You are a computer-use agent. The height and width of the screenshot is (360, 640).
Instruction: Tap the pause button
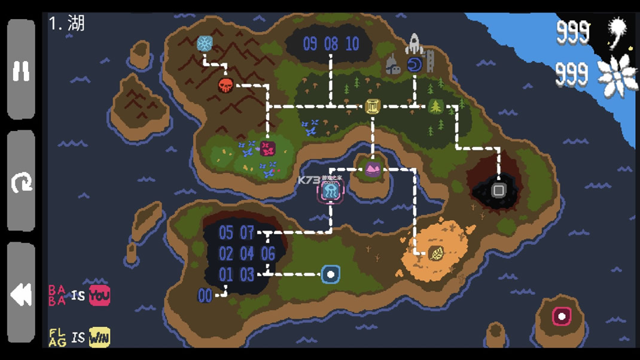click(22, 71)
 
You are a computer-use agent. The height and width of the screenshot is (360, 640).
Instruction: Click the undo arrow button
click(22, 182)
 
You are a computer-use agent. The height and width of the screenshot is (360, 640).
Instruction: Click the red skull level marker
click(225, 85)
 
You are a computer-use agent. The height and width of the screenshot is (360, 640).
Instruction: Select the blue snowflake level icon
click(205, 44)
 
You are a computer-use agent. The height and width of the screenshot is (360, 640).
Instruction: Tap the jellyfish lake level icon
click(330, 191)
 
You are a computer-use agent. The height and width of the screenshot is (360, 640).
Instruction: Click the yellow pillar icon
click(373, 106)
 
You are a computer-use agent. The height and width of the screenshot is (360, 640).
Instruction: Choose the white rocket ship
click(414, 44)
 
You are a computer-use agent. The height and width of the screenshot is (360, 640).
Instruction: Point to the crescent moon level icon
click(415, 65)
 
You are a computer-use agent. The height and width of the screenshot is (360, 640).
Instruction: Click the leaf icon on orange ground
click(437, 254)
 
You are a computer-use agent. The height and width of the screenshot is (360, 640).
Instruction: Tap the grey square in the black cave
click(498, 191)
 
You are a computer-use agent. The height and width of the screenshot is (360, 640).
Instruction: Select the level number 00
click(205, 295)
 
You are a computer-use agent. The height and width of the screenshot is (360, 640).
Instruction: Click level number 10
click(352, 44)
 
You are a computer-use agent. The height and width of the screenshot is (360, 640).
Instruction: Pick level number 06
click(268, 254)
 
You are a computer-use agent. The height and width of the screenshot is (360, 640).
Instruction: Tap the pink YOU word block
click(99, 295)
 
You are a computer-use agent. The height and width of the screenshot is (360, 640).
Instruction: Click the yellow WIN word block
click(99, 337)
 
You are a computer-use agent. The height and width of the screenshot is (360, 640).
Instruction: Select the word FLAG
click(57, 337)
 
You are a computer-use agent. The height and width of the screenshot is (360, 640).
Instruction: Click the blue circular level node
click(331, 274)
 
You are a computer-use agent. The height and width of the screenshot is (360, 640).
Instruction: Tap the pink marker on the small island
click(561, 316)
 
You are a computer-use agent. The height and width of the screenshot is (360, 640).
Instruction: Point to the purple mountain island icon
click(373, 170)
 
